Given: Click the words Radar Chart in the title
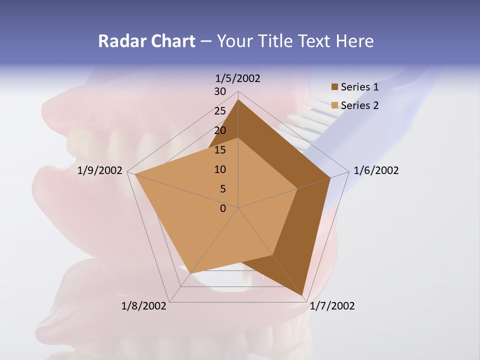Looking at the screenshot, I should point(146,41).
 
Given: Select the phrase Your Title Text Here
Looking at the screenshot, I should point(295,41).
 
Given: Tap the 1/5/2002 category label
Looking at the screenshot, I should point(238,78).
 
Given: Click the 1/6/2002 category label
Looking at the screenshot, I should point(376,170).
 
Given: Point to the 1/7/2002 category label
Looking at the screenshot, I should point(332,306).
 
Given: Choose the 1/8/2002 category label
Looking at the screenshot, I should point(144,306).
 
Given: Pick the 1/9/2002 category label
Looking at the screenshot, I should point(100,170).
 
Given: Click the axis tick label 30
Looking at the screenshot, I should point(220,91).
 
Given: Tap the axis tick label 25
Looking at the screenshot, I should point(220,111).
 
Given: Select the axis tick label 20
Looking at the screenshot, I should point(220,130).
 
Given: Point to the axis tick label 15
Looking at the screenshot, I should point(220,150).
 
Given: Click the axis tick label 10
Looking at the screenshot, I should point(220,169).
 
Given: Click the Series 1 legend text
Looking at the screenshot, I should point(359,87).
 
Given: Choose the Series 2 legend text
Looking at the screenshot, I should point(359,105).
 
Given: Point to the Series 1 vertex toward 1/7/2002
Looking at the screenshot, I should point(302,295).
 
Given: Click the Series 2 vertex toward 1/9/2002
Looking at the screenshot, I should point(135,174).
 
